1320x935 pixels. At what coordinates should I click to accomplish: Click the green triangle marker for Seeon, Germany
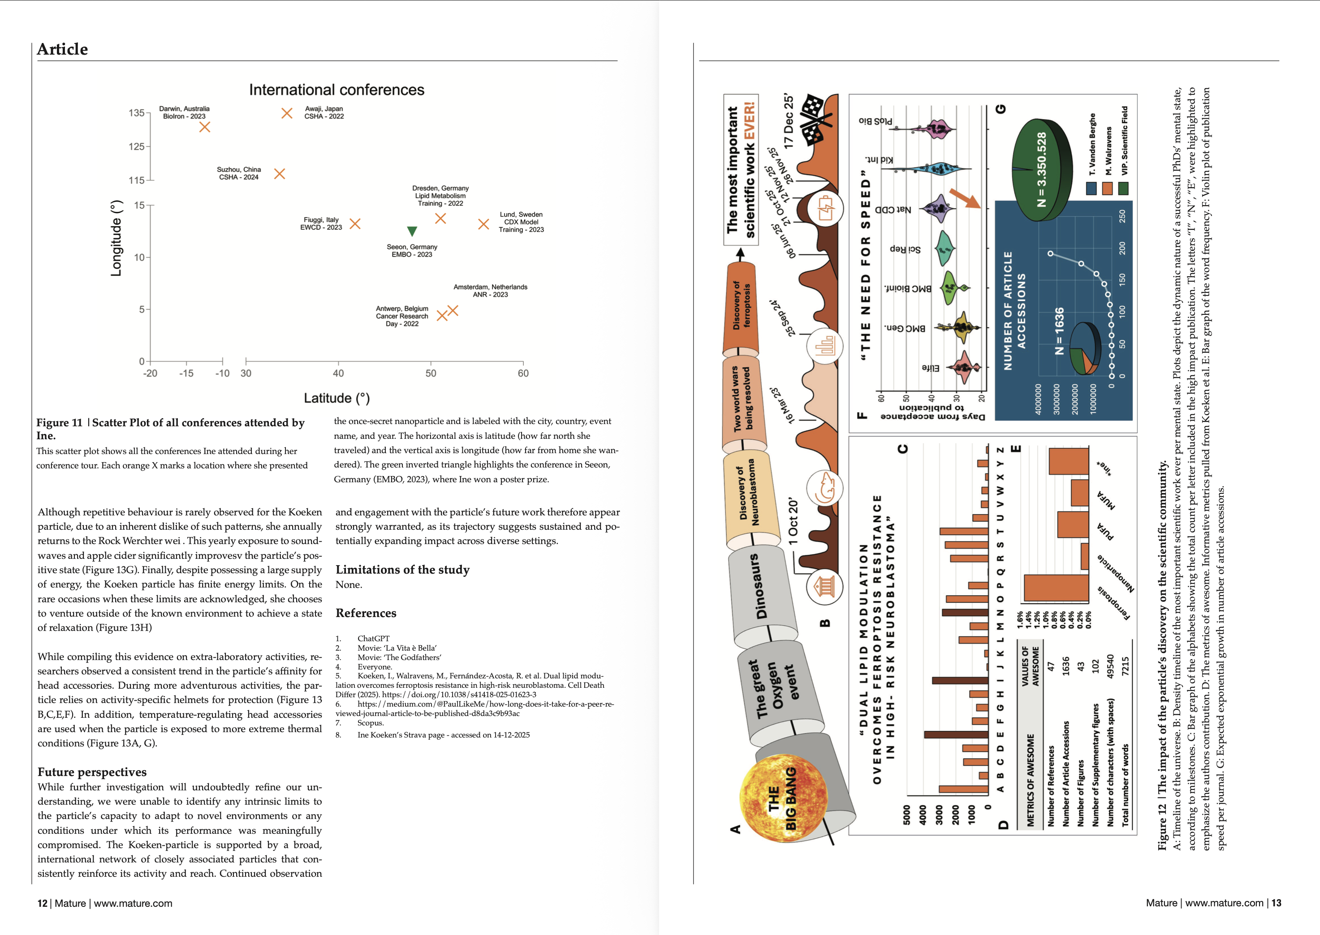[x=412, y=232]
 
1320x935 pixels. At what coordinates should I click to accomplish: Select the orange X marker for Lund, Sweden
[x=483, y=224]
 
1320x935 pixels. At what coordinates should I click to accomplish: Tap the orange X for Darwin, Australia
[x=204, y=127]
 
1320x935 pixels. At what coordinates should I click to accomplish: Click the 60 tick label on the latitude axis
[x=523, y=373]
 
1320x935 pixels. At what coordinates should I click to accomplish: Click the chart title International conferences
[x=336, y=90]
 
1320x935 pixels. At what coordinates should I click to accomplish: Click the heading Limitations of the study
[x=402, y=570]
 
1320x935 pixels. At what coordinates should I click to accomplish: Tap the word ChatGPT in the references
[x=373, y=639]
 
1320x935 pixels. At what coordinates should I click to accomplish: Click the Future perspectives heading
[x=92, y=772]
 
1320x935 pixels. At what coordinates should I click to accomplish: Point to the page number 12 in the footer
[x=42, y=903]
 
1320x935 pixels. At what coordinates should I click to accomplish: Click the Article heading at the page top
[x=62, y=50]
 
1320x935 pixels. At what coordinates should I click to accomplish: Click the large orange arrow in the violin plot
[x=965, y=198]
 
